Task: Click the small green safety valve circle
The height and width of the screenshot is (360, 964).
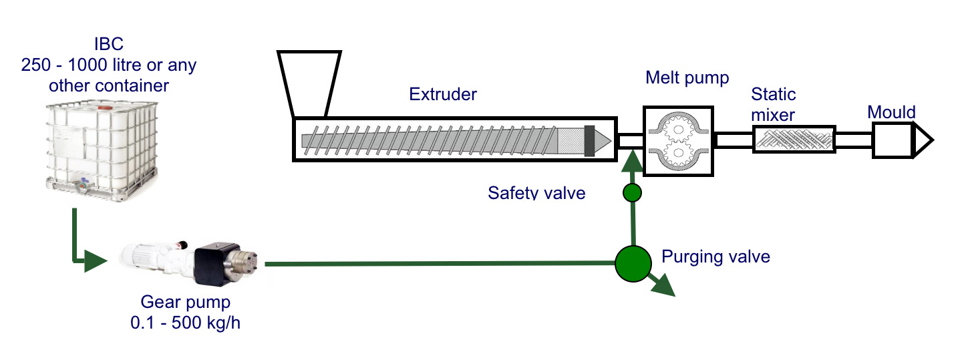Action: point(632,193)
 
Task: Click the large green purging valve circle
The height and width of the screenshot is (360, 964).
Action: point(633,264)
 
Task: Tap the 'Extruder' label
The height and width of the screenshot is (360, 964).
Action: point(443,94)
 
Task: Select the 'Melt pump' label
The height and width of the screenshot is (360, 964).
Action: point(687,78)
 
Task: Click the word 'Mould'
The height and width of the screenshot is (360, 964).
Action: point(891,112)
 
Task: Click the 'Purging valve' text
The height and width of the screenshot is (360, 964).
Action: point(715,256)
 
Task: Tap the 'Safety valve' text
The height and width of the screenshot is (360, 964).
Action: point(536,193)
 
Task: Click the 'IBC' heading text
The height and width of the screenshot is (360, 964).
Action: point(109,45)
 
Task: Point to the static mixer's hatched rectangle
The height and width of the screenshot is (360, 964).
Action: point(794,140)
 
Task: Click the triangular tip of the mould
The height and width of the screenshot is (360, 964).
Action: point(923,140)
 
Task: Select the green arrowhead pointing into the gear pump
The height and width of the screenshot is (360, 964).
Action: point(94,261)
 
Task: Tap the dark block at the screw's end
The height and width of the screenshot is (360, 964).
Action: point(590,141)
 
